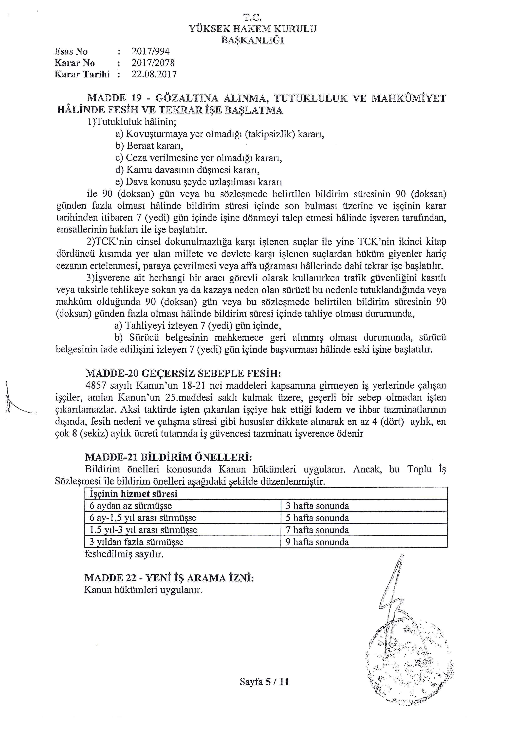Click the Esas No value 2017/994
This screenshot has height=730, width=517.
tap(151, 51)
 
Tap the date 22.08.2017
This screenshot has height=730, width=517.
tap(154, 74)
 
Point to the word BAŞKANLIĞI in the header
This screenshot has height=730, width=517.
tap(253, 40)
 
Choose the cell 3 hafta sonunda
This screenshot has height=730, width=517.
tap(317, 506)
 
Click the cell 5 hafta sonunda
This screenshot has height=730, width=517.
tap(317, 518)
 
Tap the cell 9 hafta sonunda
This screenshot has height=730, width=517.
tap(317, 542)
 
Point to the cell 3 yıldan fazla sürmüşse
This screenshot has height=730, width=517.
tap(136, 542)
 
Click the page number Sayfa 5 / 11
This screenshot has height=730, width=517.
tap(264, 682)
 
